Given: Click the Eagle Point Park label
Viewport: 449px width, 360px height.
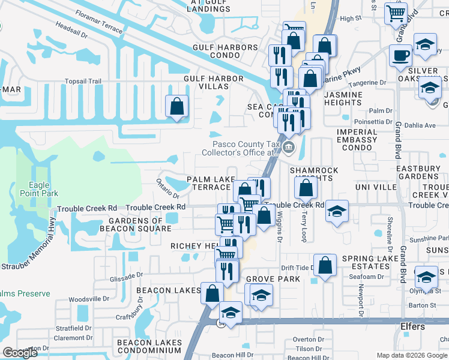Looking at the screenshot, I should pos(39,190).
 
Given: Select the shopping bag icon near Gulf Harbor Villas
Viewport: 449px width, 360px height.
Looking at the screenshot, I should pos(177,107).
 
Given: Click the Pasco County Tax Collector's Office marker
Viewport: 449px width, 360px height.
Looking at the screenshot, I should pos(289,148).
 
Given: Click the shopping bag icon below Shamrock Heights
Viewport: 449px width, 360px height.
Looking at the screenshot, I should pos(306,188).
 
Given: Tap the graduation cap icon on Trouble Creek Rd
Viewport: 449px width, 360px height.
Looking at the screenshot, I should pos(337,211).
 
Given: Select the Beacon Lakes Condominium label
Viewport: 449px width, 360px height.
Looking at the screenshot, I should pos(149,346).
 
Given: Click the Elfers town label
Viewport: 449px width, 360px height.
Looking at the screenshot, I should pos(412,326).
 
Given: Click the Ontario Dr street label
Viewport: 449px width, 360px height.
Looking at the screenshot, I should pos(168,188).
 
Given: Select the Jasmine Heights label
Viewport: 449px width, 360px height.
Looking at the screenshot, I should pos(343,98).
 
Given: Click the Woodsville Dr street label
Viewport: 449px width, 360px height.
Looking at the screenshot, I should pos(89,299).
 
